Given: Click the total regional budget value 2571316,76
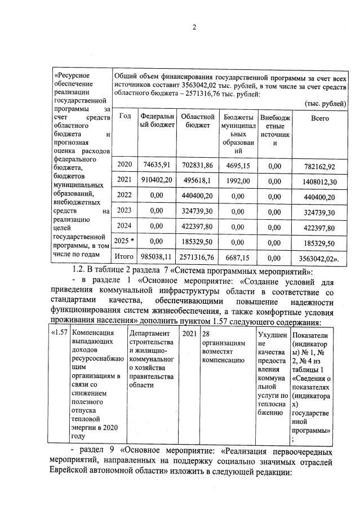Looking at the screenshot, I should [x=197, y=256].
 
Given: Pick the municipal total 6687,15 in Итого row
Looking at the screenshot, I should [x=237, y=256].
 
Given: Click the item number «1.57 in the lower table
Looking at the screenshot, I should [x=59, y=333].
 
